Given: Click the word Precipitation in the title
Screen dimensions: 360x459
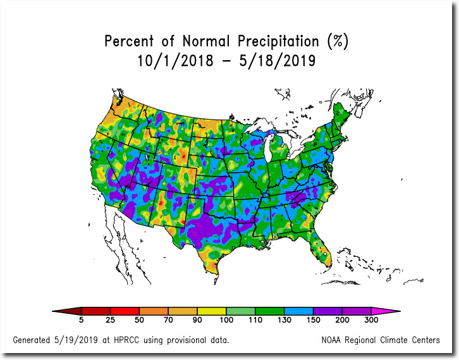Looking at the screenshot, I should pos(279,42).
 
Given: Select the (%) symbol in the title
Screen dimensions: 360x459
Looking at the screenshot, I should pos(338,42).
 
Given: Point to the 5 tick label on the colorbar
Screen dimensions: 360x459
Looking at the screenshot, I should pos(82,321).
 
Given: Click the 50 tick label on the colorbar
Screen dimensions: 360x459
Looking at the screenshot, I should pos(138,321).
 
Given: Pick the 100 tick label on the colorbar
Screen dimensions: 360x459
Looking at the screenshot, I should pos(226,321).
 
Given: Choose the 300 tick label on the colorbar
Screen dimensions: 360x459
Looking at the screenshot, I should pos(371,321).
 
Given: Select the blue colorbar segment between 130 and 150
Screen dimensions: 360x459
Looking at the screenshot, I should pos(269,311).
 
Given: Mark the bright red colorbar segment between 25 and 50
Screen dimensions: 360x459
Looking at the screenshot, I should pos(125,311).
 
